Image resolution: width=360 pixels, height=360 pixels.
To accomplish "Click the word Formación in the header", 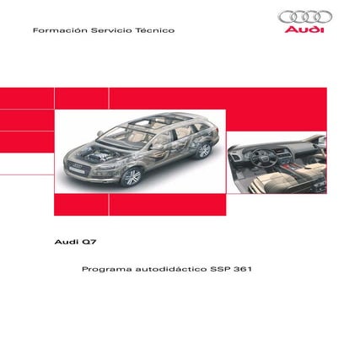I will [52, 30].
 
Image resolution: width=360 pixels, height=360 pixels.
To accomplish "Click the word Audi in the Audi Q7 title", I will [64, 241].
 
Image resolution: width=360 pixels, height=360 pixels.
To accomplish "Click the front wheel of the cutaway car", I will [130, 177].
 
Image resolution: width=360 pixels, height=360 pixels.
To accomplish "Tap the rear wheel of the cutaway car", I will [202, 151].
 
